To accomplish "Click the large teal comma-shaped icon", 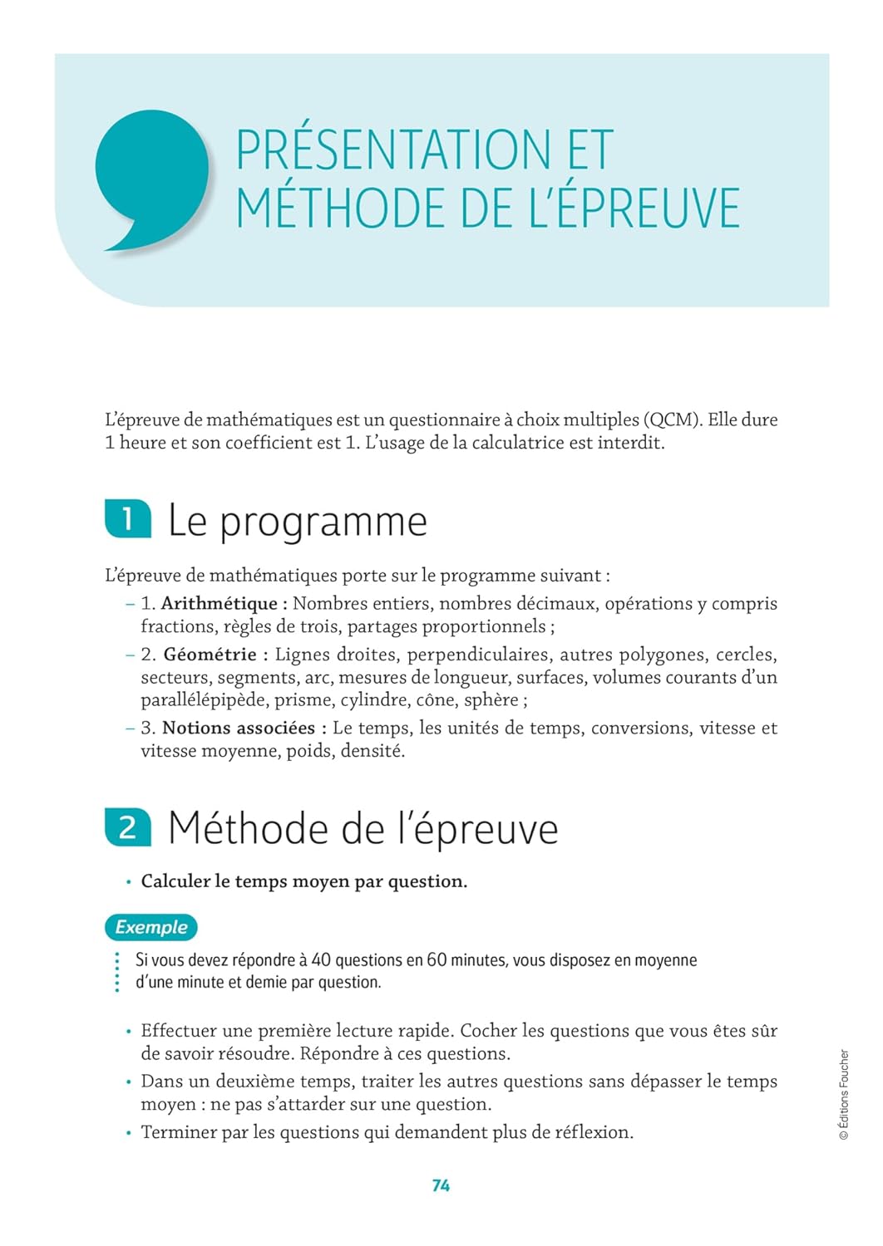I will coord(151,176).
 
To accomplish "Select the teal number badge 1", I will coord(128,519).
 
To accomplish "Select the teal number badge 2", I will coord(128,827).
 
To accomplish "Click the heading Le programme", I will coord(298,522).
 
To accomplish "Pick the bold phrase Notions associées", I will coord(238,728).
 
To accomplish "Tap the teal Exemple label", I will coord(151,927).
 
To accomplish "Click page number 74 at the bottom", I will coord(441,1185).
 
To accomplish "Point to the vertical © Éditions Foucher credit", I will coord(844,1094).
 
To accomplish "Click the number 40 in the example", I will coord(321,960).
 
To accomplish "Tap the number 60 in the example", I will coord(437,960).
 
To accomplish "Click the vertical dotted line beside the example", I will coord(117,971).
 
